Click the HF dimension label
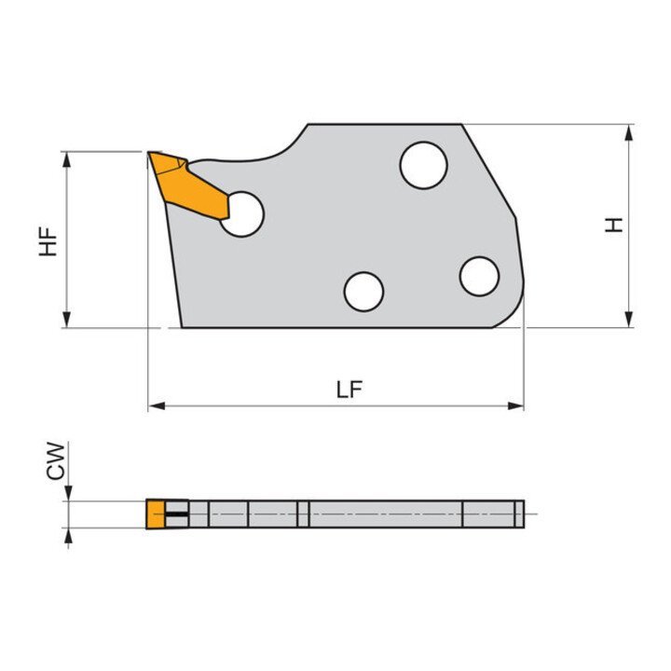(48, 241)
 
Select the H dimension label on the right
(613, 225)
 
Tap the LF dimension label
(349, 390)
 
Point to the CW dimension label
(56, 461)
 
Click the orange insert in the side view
(188, 186)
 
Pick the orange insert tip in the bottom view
(156, 514)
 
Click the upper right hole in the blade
(424, 165)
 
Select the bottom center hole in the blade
(363, 292)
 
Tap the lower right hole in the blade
(479, 277)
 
